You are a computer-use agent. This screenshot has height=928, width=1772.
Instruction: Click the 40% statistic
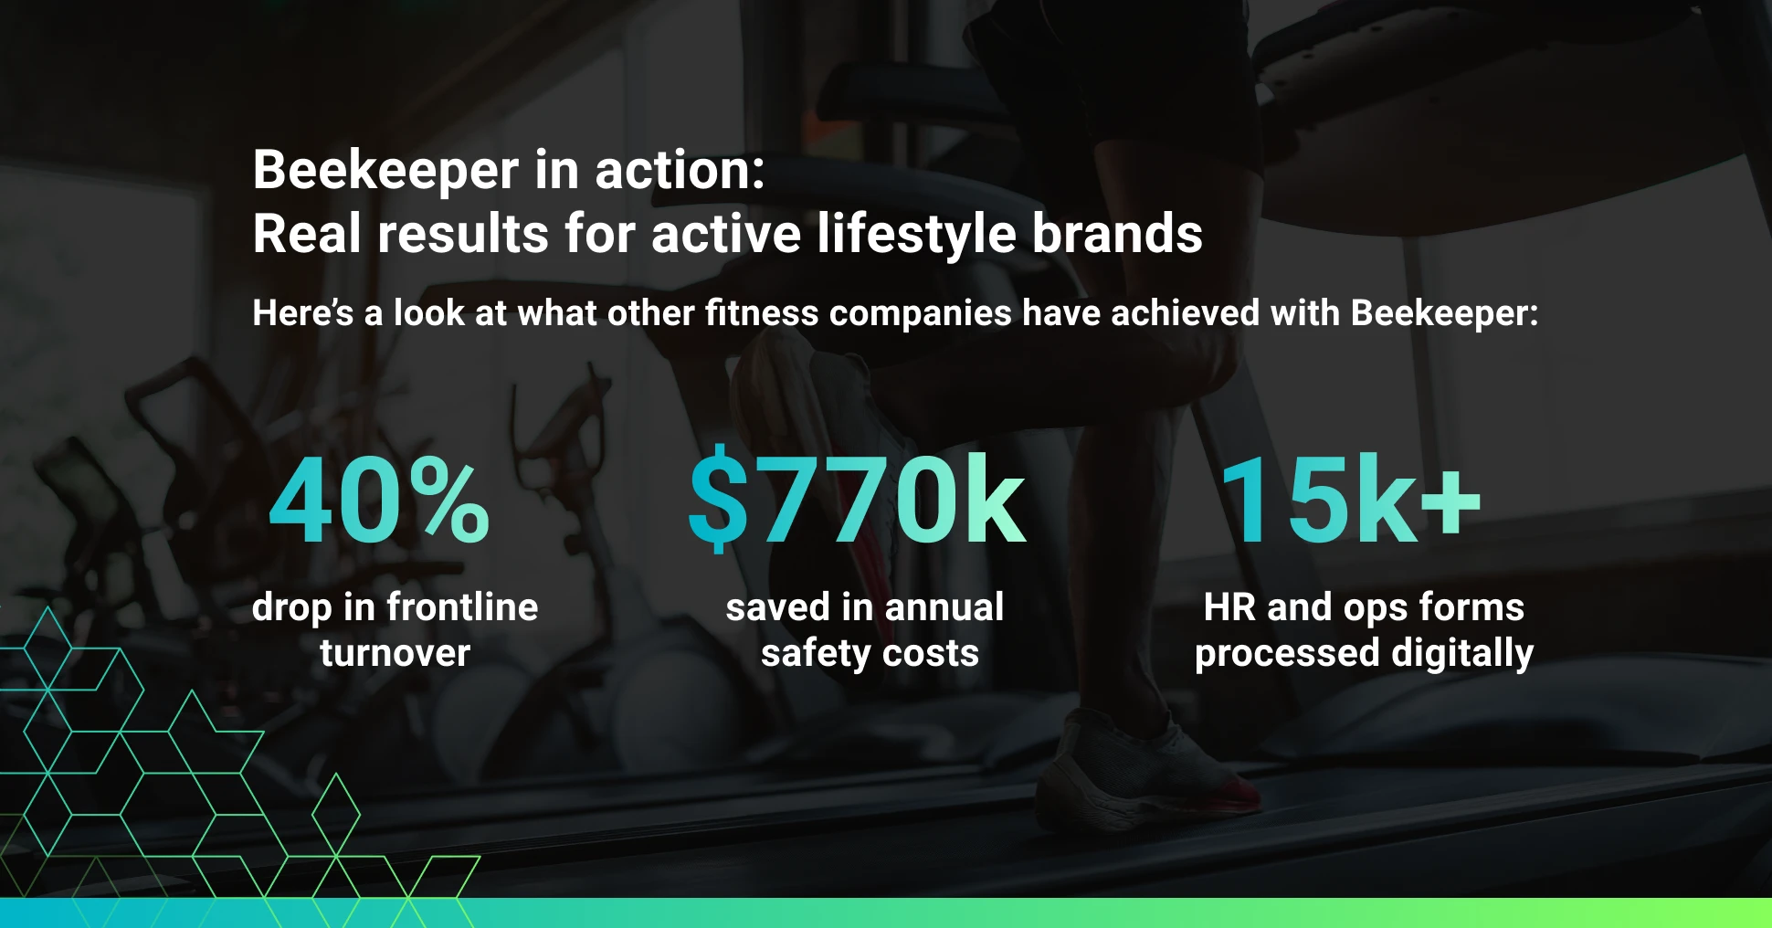379,501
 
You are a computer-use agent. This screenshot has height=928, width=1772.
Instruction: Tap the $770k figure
857,499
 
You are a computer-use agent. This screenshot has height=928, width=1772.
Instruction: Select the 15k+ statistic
1349,501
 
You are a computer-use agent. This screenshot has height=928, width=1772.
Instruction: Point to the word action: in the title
680,170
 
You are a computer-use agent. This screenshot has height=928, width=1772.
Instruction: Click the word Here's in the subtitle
302,313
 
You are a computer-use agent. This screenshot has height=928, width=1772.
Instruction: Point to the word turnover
395,654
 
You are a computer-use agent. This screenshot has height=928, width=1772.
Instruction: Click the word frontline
462,607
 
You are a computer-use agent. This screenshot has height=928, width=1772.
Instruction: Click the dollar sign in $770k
718,499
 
